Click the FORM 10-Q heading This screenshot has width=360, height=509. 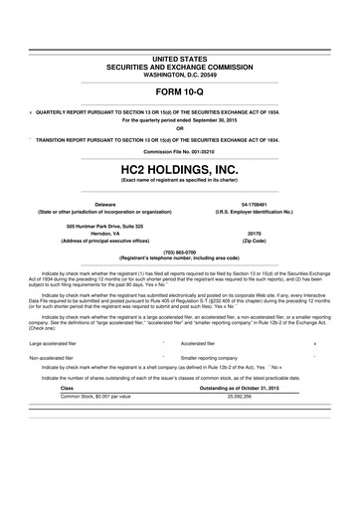pos(179,90)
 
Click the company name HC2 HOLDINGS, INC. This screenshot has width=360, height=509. pos(179,170)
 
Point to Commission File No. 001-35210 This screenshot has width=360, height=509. pos(179,151)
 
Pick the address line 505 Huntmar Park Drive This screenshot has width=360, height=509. pos(104,225)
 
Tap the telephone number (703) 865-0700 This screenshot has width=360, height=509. pos(179,252)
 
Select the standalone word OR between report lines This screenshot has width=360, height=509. pos(179,127)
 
